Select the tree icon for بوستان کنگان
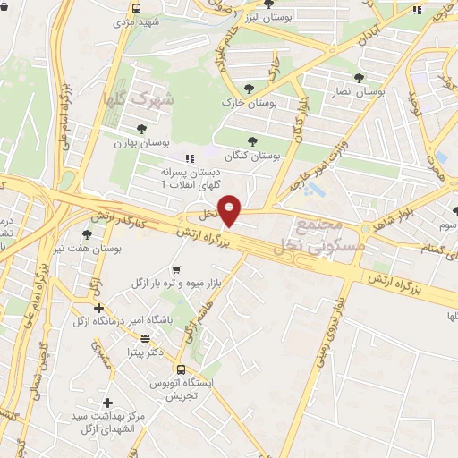253,140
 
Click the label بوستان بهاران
137,143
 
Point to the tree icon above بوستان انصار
360,78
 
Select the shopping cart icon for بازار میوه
176,270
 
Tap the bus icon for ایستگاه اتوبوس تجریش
182,369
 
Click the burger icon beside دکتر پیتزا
146,338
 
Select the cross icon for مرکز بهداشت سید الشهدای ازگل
108,403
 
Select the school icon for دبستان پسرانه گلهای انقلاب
189,158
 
